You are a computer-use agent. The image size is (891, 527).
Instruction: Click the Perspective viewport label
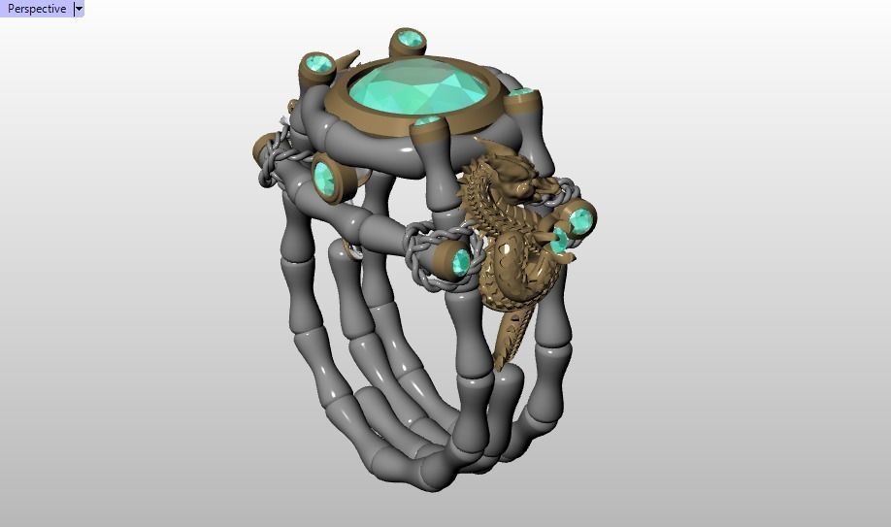pyautogui.click(x=37, y=9)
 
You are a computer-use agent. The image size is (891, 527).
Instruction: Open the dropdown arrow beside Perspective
pyautogui.click(x=79, y=9)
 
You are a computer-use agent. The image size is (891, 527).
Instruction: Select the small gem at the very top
pyautogui.click(x=409, y=40)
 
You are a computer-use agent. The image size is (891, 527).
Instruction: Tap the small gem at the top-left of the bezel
pyautogui.click(x=317, y=65)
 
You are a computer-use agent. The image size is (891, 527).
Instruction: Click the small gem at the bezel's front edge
pyautogui.click(x=427, y=121)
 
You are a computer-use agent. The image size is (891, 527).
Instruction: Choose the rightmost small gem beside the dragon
pyautogui.click(x=580, y=219)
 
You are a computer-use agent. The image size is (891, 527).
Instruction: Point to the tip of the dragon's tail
pyautogui.click(x=501, y=364)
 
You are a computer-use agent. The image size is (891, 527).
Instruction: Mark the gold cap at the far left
pyautogui.click(x=257, y=151)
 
